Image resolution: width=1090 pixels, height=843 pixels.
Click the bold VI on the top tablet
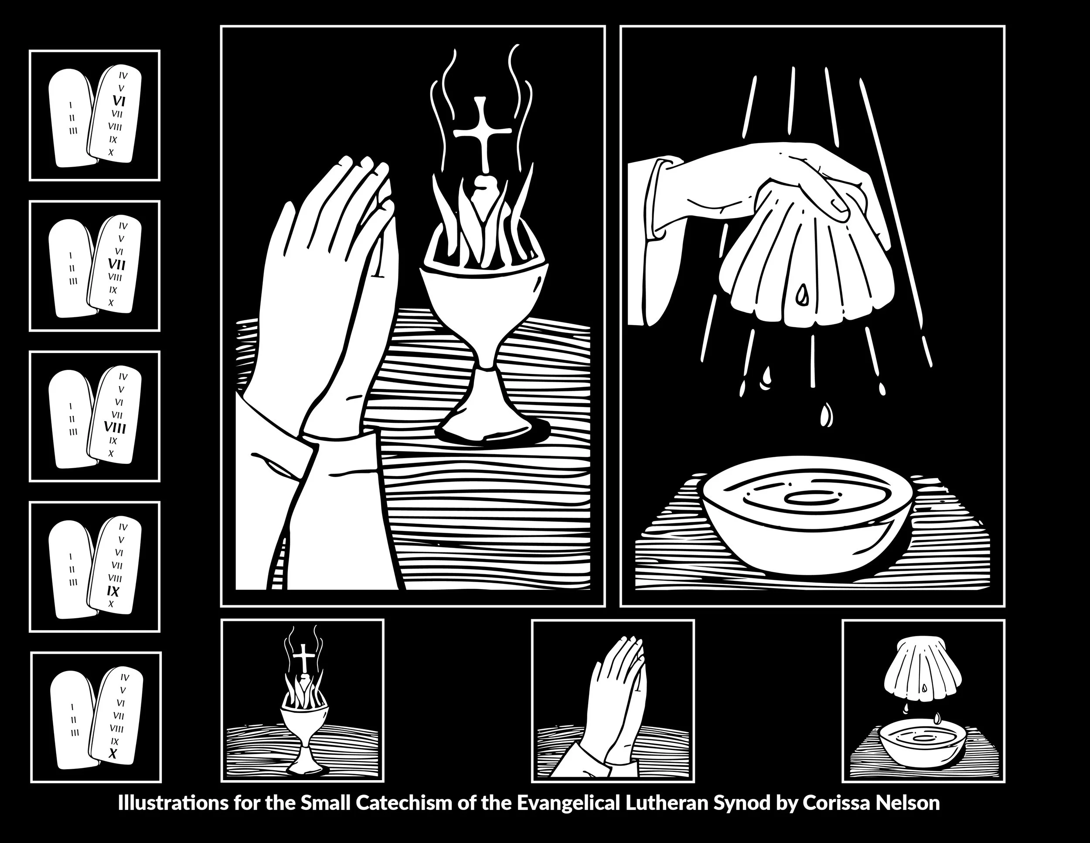point(119,101)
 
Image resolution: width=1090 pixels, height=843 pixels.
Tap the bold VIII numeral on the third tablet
point(115,428)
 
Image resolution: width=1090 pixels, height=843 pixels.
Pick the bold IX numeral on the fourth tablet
point(113,591)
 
